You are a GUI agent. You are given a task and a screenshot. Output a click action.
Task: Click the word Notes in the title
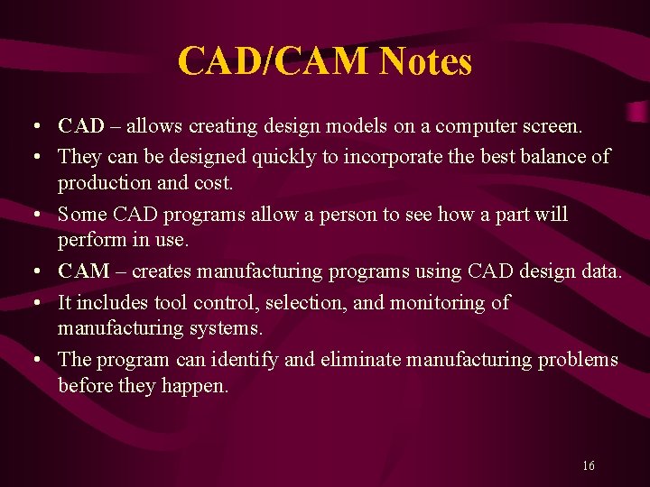click(425, 62)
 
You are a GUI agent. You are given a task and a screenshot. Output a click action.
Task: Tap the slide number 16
click(588, 465)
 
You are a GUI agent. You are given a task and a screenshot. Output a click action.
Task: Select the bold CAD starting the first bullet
click(80, 125)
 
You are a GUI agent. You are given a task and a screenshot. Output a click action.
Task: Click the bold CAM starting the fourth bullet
click(83, 271)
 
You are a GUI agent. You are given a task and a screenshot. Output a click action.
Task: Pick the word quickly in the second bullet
click(283, 156)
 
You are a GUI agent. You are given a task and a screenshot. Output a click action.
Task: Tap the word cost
click(212, 182)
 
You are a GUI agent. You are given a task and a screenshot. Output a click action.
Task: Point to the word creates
click(160, 271)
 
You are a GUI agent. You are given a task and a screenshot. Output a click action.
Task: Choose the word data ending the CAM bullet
click(602, 271)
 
